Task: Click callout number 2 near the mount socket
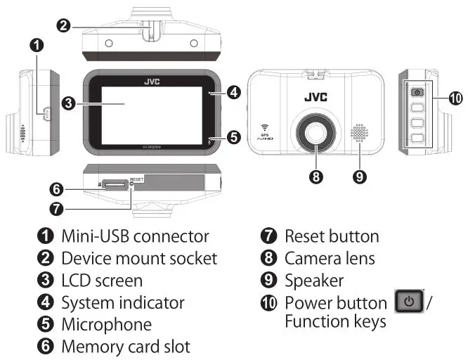[63, 26]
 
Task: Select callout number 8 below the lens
[316, 176]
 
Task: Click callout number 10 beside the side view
[455, 99]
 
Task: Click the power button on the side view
[417, 91]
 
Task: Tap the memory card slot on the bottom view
[115, 184]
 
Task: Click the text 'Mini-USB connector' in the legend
[135, 236]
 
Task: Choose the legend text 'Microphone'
[106, 325]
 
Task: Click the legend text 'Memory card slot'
[125, 347]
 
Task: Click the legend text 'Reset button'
[331, 236]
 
